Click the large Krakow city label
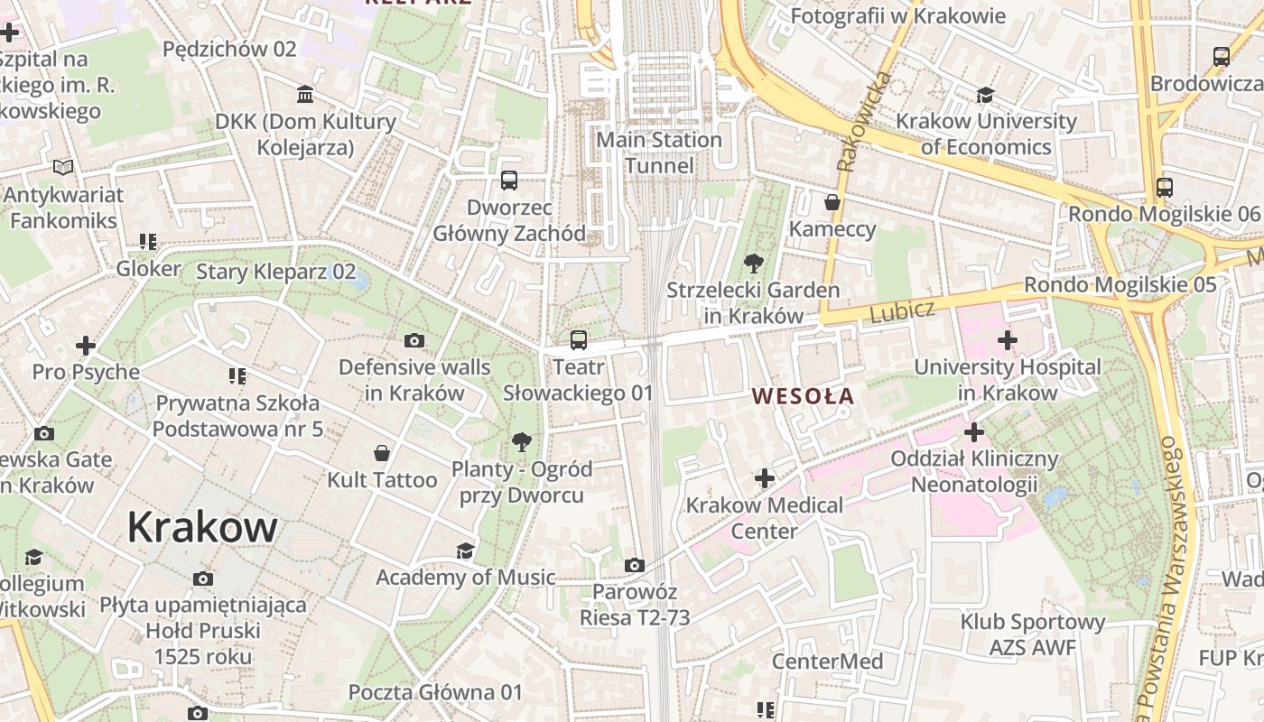(x=201, y=526)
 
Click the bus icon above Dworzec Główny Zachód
(x=509, y=180)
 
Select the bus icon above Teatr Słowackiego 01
(x=578, y=340)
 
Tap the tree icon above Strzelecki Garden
(x=753, y=264)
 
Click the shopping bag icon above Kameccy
(x=832, y=202)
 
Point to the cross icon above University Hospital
(x=1007, y=340)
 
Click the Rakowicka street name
(x=862, y=122)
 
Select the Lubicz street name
(x=902, y=310)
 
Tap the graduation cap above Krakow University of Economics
(x=985, y=95)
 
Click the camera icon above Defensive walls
(x=414, y=340)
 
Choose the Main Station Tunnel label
(x=659, y=153)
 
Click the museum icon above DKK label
(x=305, y=95)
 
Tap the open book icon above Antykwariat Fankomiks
(x=62, y=168)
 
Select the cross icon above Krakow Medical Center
(x=765, y=477)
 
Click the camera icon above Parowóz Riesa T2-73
(x=635, y=565)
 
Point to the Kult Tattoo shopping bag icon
(x=382, y=452)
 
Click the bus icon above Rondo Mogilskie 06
(x=1165, y=188)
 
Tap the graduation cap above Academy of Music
(x=465, y=551)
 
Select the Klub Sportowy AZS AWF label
(x=1032, y=634)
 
